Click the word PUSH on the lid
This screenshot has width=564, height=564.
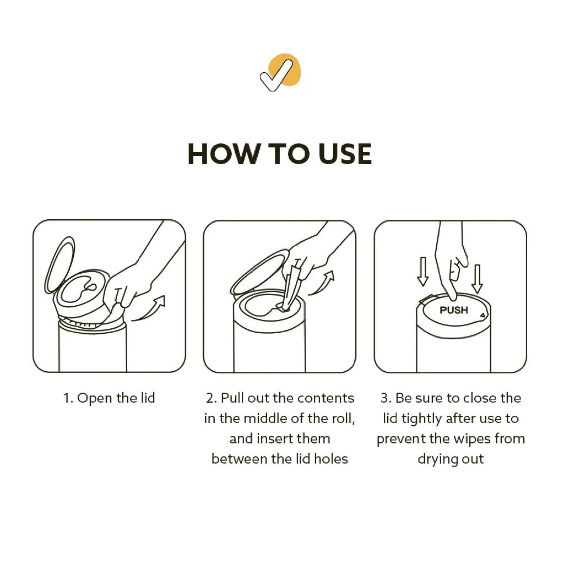[x=454, y=310]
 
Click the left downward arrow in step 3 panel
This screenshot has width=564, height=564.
[x=422, y=272]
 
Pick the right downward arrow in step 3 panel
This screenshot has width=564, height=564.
[x=477, y=279]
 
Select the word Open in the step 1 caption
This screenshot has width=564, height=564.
[x=94, y=398]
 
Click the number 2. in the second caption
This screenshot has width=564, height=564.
[x=211, y=398]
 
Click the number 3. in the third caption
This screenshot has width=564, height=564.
[x=386, y=398]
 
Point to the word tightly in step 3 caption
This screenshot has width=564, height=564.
[x=422, y=419]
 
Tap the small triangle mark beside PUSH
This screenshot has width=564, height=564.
[x=482, y=316]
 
